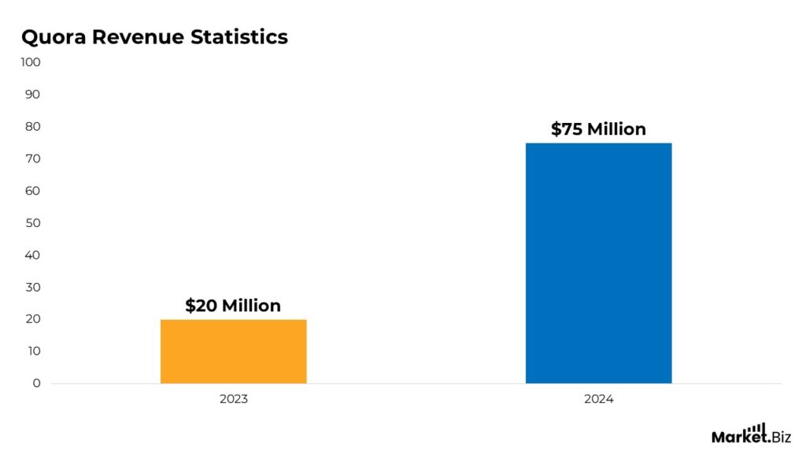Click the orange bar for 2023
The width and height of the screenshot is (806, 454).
(233, 352)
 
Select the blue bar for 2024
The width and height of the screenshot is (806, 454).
(598, 263)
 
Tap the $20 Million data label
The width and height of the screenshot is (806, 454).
(233, 306)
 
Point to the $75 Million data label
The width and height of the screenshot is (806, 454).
(598, 129)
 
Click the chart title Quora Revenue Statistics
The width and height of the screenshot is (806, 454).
(154, 37)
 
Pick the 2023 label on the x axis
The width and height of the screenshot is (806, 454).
(233, 400)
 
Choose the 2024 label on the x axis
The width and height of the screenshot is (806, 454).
(598, 400)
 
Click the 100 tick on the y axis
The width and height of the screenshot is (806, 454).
(31, 62)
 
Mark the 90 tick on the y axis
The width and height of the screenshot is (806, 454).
(32, 95)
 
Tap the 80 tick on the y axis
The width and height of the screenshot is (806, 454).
(32, 127)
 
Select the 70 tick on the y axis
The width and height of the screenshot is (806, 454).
(32, 159)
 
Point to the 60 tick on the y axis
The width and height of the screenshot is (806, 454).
(32, 191)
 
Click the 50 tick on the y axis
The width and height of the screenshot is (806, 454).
(32, 223)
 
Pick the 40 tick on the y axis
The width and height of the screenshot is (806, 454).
(32, 255)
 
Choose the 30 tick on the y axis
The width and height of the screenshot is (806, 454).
(32, 288)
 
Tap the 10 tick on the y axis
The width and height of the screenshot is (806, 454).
(32, 352)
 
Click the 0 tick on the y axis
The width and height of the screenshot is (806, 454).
(36, 384)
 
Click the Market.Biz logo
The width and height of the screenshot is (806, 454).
(751, 434)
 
